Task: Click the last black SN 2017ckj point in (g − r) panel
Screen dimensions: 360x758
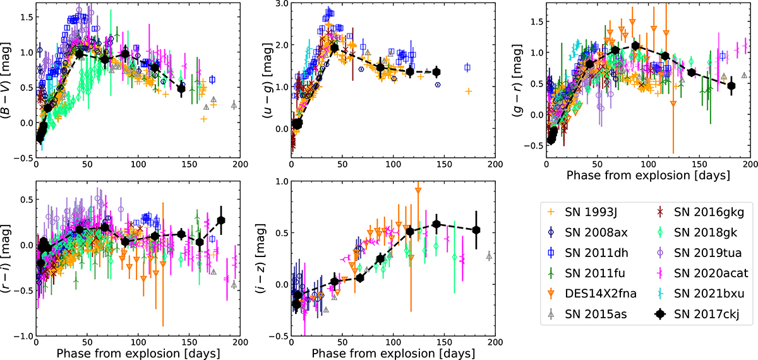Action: coord(731,86)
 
